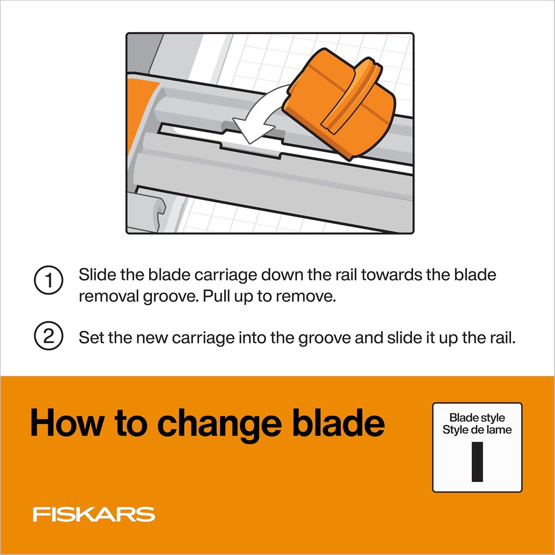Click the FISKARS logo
[94, 514]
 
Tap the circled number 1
[49, 280]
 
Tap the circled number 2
[49, 336]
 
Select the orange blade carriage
[339, 104]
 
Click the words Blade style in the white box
[477, 417]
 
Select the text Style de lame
[477, 430]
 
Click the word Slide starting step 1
[97, 274]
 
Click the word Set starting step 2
[91, 337]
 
